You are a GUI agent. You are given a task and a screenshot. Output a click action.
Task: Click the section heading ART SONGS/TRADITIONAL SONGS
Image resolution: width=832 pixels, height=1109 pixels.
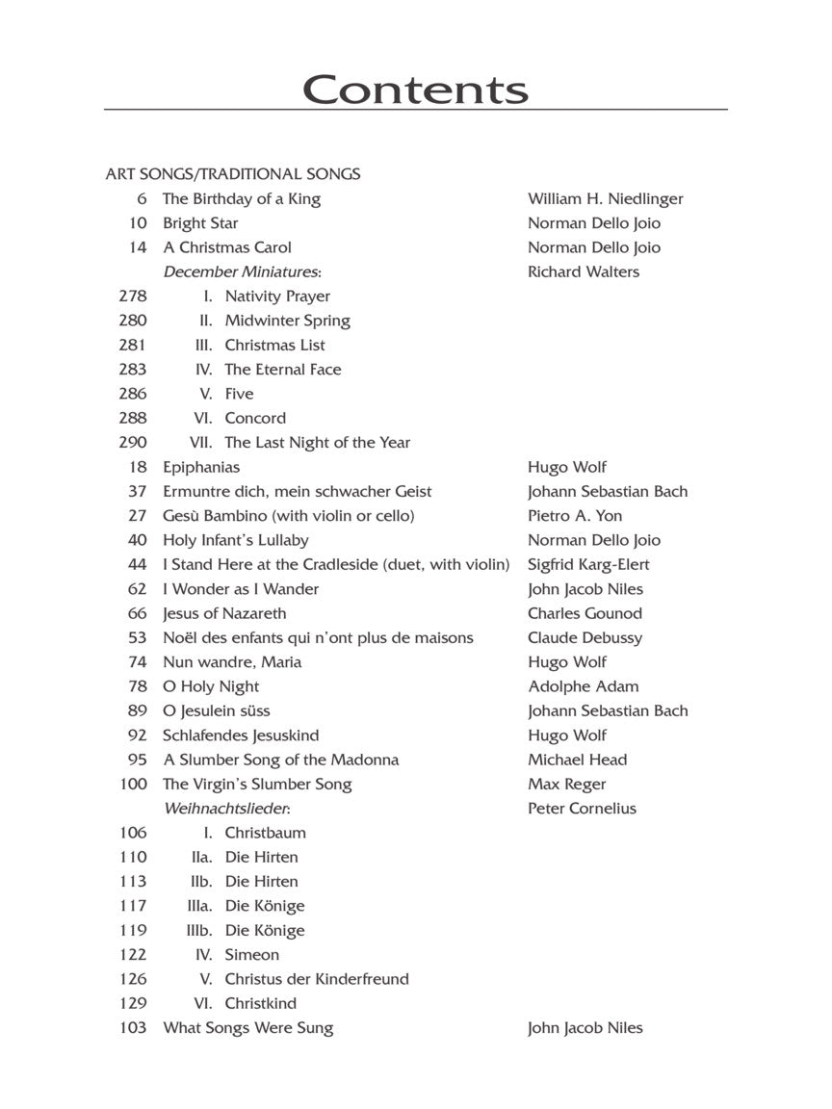click(x=233, y=174)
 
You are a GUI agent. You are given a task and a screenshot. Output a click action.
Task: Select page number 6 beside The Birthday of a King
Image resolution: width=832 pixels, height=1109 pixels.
click(x=142, y=199)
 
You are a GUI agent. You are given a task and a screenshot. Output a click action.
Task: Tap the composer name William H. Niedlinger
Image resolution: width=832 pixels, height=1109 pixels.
click(x=605, y=199)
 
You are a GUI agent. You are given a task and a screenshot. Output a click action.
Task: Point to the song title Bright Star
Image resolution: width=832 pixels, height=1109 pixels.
click(x=200, y=223)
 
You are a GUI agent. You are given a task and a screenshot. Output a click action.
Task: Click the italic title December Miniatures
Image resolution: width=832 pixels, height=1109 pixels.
click(x=241, y=271)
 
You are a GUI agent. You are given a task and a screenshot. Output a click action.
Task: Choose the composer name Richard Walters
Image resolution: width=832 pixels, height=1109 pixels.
click(x=583, y=271)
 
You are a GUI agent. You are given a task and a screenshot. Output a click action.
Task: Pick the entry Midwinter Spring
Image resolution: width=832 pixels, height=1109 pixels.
click(x=287, y=321)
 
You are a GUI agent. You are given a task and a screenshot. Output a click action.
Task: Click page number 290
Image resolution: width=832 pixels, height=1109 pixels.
click(x=134, y=443)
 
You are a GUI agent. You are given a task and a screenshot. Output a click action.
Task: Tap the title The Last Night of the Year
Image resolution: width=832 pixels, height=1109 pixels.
click(x=317, y=443)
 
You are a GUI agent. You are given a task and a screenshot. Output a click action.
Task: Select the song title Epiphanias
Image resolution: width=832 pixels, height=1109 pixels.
click(x=201, y=467)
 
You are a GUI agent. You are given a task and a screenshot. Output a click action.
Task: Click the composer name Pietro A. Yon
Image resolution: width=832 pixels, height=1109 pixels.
click(x=575, y=516)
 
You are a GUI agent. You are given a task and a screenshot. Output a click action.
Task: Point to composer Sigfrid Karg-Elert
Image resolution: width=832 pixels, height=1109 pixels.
click(x=588, y=564)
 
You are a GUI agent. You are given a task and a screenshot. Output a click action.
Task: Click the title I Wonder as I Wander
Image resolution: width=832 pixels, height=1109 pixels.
click(x=241, y=589)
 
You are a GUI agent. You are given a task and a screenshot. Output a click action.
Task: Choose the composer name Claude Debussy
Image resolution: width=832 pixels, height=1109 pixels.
click(x=585, y=637)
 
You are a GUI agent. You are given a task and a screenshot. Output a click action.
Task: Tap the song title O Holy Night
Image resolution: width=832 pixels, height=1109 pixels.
click(x=211, y=686)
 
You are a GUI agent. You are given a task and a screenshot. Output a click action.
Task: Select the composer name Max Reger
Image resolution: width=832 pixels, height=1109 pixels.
click(x=566, y=784)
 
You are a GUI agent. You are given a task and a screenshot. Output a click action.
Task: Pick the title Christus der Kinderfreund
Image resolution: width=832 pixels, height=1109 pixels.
click(x=317, y=979)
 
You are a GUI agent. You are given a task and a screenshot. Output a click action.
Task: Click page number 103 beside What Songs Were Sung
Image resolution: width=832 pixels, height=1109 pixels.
click(x=134, y=1028)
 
